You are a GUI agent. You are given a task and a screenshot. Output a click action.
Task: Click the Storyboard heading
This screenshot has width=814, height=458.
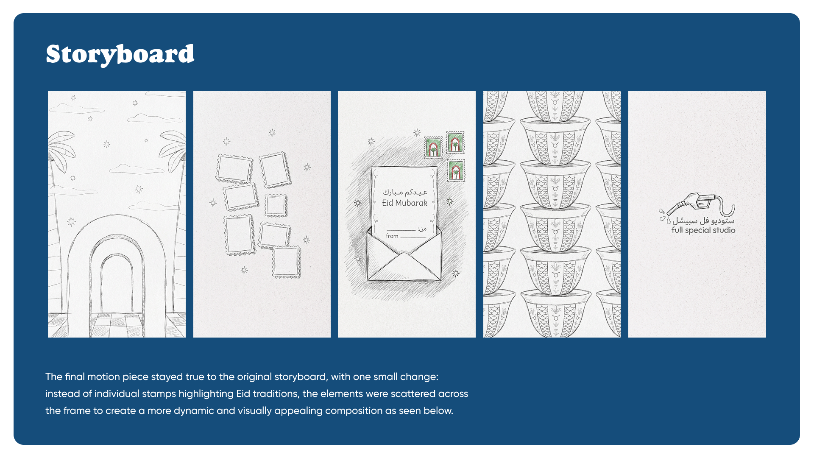tap(120, 54)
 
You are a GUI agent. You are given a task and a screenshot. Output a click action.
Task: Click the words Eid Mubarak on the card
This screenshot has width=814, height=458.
tap(404, 203)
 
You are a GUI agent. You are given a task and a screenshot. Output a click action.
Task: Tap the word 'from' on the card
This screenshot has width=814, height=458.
tap(392, 236)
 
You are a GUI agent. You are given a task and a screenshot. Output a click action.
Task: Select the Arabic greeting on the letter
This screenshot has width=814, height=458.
tap(405, 192)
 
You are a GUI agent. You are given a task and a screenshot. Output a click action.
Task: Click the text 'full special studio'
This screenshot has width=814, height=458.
tap(703, 230)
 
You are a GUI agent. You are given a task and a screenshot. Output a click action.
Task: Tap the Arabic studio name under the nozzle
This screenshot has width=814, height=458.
tap(703, 221)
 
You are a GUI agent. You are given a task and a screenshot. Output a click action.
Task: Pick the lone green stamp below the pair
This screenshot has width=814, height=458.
tap(456, 170)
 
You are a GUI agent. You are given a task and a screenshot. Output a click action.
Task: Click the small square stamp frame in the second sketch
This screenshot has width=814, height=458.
tap(276, 206)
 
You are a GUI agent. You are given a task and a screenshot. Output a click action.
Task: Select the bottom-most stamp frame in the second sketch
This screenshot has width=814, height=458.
tap(286, 263)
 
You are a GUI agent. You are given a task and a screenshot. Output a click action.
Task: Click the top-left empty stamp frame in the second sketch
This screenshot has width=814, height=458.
tap(235, 169)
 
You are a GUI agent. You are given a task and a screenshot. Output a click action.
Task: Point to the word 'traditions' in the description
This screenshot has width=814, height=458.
tap(277, 394)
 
